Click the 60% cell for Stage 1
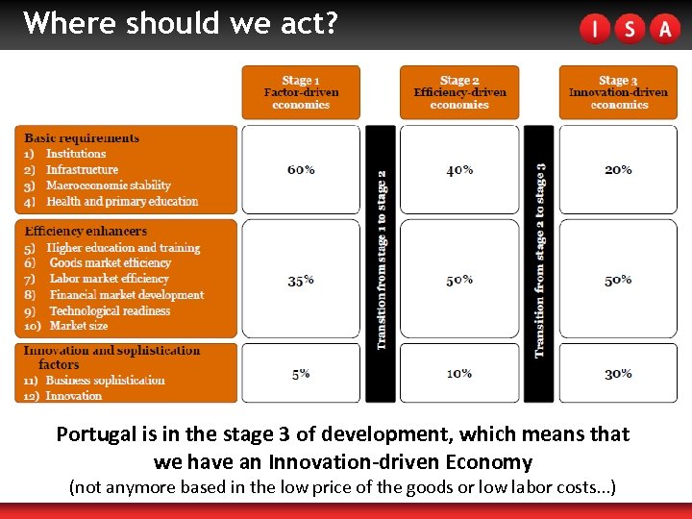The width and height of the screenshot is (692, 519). click(x=301, y=170)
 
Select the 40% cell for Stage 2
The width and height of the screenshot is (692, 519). click(x=459, y=170)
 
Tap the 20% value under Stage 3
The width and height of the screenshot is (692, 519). click(x=618, y=170)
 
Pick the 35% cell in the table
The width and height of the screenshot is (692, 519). click(x=301, y=281)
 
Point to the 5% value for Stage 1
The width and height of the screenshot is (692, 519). click(x=301, y=374)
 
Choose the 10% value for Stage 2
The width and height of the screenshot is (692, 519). click(x=459, y=374)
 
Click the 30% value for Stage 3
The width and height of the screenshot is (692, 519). click(x=618, y=374)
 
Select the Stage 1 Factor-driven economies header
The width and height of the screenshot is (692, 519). click(x=301, y=92)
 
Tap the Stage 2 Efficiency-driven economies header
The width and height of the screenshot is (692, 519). click(x=459, y=92)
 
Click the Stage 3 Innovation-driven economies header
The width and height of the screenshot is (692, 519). click(x=618, y=92)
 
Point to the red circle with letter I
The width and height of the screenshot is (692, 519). click(x=595, y=29)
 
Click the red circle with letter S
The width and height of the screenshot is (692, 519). click(x=630, y=29)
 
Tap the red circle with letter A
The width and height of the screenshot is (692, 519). click(x=664, y=29)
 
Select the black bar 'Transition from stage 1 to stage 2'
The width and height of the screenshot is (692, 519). click(x=381, y=261)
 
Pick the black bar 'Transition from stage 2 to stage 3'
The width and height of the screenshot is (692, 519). click(x=539, y=261)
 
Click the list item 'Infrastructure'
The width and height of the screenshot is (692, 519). click(x=83, y=170)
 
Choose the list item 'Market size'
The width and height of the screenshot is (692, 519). click(x=79, y=326)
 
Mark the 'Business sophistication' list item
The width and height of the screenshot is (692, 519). click(x=105, y=381)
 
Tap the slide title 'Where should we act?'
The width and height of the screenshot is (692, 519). click(x=181, y=23)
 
